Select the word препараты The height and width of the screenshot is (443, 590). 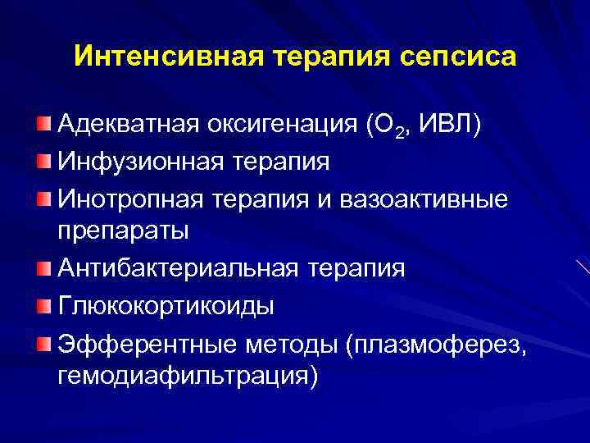[123, 230]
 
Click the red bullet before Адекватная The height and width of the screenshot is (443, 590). [43, 123]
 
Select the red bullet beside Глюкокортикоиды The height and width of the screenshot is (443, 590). [43, 304]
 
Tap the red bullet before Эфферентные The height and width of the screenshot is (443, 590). [43, 340]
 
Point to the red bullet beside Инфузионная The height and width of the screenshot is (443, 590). [43, 159]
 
